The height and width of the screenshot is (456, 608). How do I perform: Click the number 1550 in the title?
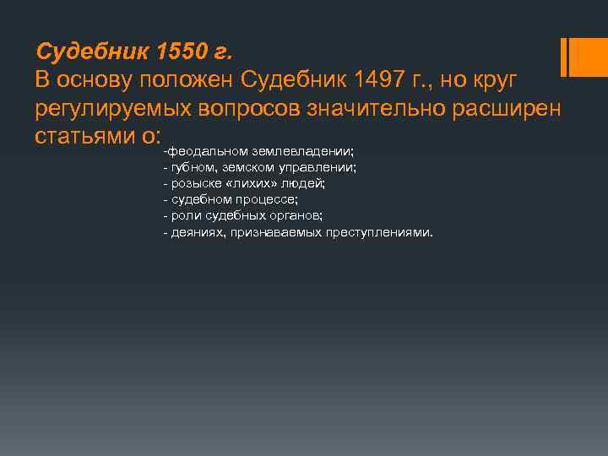click(x=181, y=52)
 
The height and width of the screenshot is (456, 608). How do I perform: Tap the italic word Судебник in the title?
click(x=90, y=52)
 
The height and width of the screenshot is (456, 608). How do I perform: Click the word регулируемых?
click(x=112, y=109)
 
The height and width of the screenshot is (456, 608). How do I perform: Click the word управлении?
click(x=318, y=167)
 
